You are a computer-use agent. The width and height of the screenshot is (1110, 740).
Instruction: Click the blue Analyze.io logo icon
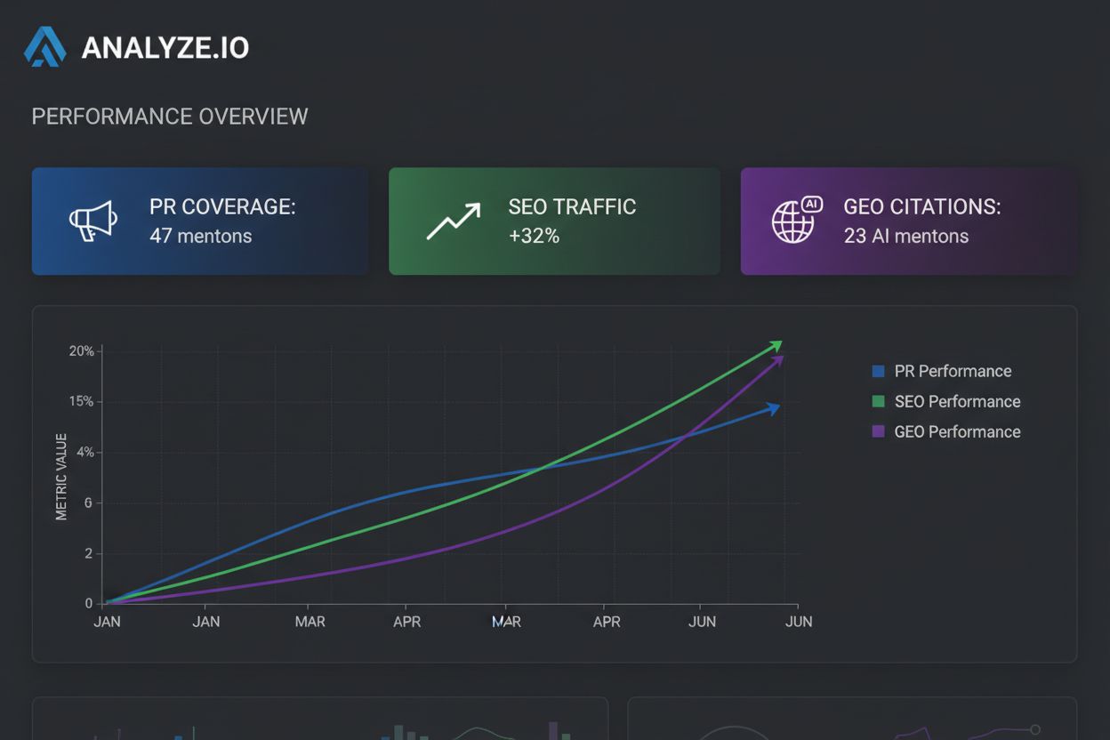(44, 47)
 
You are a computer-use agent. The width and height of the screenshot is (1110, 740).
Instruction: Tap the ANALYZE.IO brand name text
(165, 48)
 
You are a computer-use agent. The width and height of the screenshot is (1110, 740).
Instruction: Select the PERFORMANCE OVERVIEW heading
(170, 117)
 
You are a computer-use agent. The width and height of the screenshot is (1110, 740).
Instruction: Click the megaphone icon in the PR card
(93, 221)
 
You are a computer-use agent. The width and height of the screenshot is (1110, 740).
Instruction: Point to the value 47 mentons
(200, 237)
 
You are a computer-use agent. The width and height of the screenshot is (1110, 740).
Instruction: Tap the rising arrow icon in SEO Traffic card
(453, 221)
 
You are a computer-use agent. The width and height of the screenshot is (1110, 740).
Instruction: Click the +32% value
(534, 237)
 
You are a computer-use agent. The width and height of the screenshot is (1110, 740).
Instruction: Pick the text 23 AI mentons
(905, 237)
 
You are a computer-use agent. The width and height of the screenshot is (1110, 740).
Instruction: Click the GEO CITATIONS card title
(921, 206)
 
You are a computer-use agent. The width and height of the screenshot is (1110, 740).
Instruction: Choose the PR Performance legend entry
(952, 372)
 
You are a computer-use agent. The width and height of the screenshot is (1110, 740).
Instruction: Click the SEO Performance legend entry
(956, 402)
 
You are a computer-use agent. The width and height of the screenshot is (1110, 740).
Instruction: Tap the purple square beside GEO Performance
(879, 432)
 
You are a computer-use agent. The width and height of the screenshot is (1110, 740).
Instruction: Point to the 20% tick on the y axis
(81, 351)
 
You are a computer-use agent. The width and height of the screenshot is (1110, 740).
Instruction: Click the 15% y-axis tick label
(81, 402)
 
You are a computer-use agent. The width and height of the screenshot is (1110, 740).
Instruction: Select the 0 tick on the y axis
(89, 604)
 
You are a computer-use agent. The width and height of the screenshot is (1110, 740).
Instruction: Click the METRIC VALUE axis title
(61, 477)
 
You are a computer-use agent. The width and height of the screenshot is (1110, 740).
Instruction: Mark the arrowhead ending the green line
(776, 345)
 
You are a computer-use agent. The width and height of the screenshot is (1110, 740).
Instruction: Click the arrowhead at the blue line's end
(774, 408)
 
